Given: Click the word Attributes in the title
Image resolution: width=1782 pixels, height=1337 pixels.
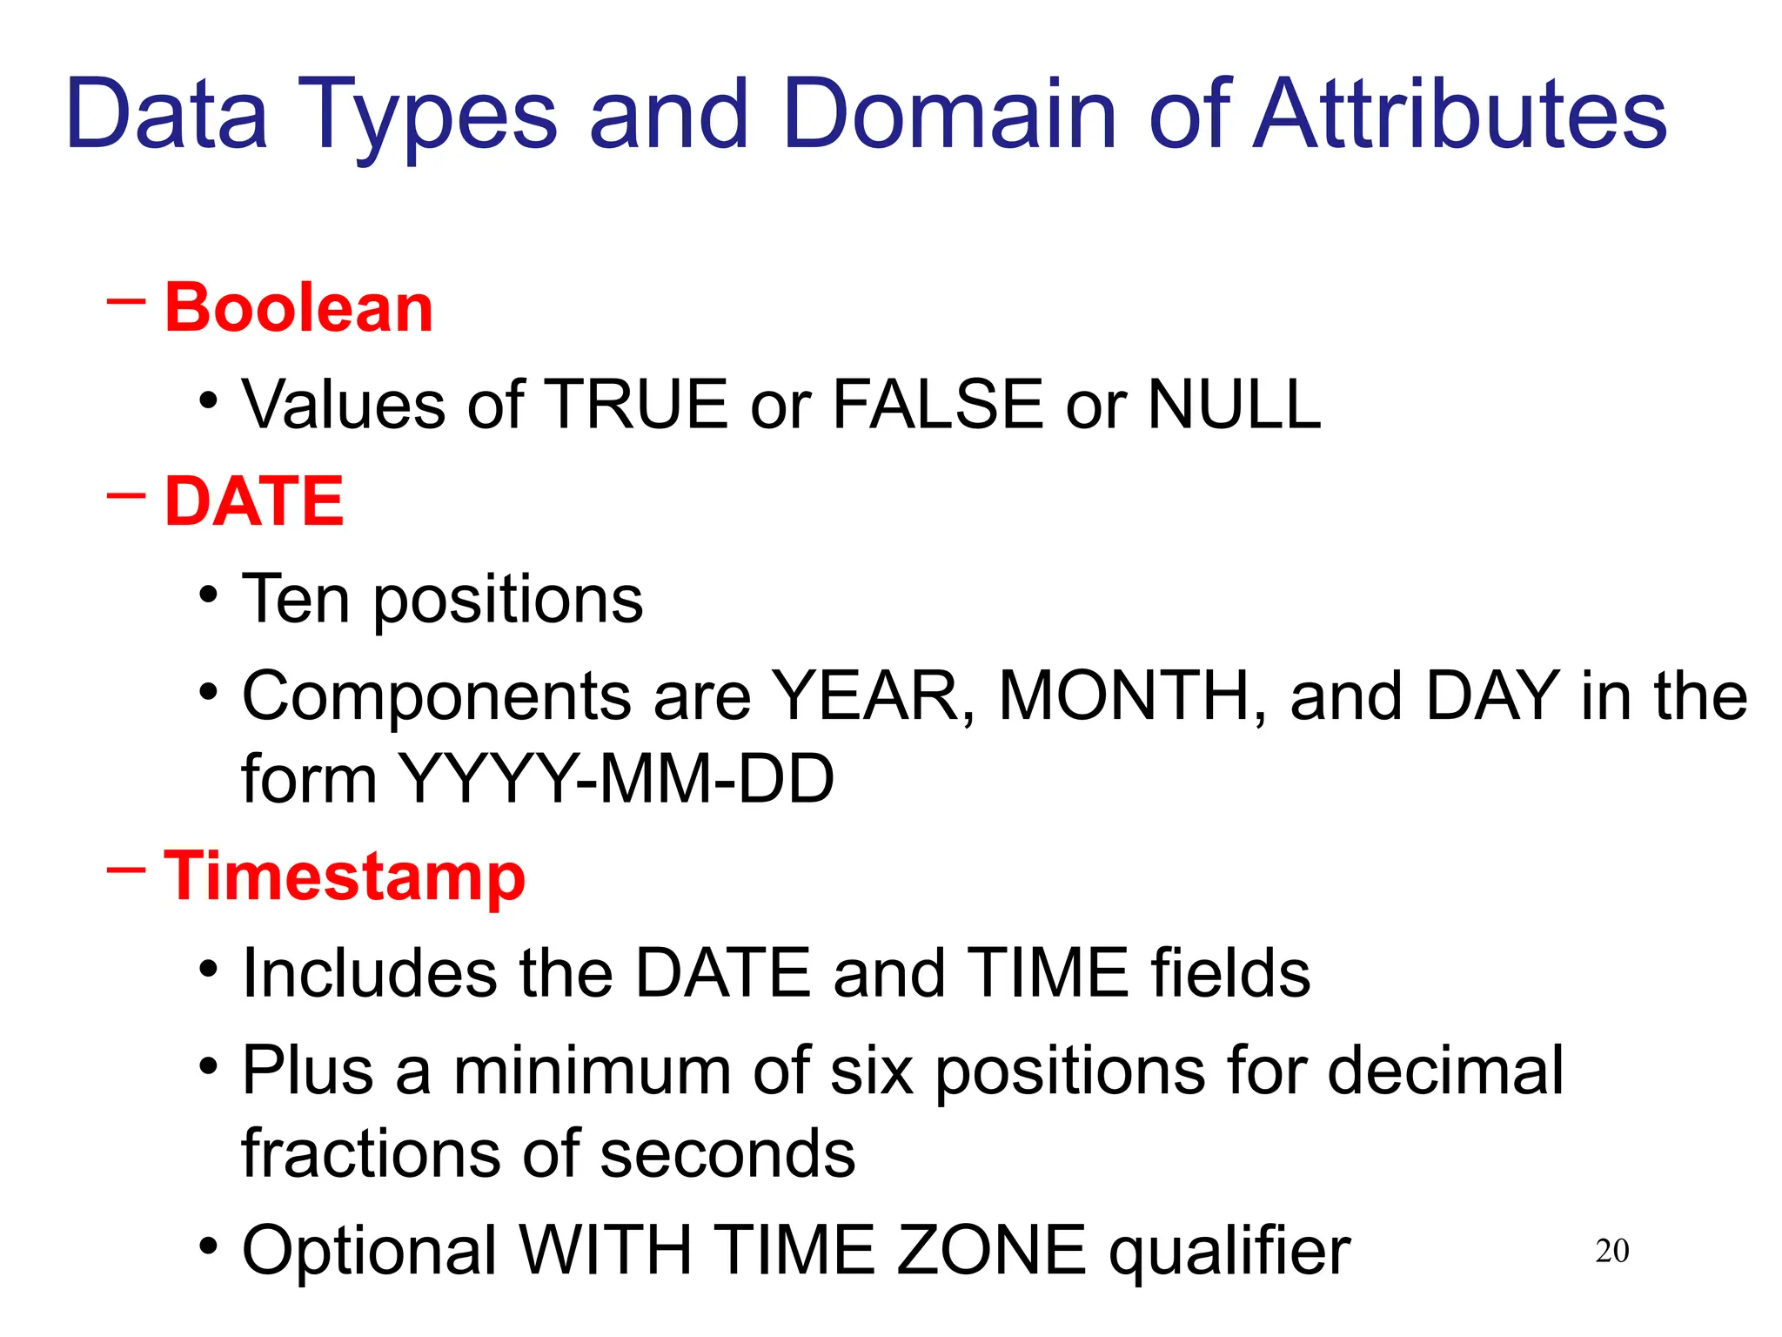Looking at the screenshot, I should pos(1459,115).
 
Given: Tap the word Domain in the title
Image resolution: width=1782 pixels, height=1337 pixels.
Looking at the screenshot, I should pos(948,115).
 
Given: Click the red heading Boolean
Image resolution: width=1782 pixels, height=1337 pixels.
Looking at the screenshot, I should pos(298,308).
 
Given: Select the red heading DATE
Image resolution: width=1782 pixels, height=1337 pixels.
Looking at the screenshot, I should pos(254,502).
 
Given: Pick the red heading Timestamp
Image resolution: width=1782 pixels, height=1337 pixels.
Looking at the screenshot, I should pos(345,877).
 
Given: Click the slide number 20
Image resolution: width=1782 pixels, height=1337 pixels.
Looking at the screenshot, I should pos(1611,1251).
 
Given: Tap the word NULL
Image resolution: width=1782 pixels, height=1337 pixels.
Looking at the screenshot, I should pos(1234,405).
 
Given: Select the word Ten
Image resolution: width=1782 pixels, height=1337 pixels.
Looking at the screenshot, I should pos(295,599).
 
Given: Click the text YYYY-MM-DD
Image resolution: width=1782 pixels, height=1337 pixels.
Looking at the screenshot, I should pos(615,778).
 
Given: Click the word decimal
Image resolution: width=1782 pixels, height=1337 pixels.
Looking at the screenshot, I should pos(1445,1071).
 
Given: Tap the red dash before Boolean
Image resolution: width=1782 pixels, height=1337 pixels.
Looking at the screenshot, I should pos(125,302).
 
